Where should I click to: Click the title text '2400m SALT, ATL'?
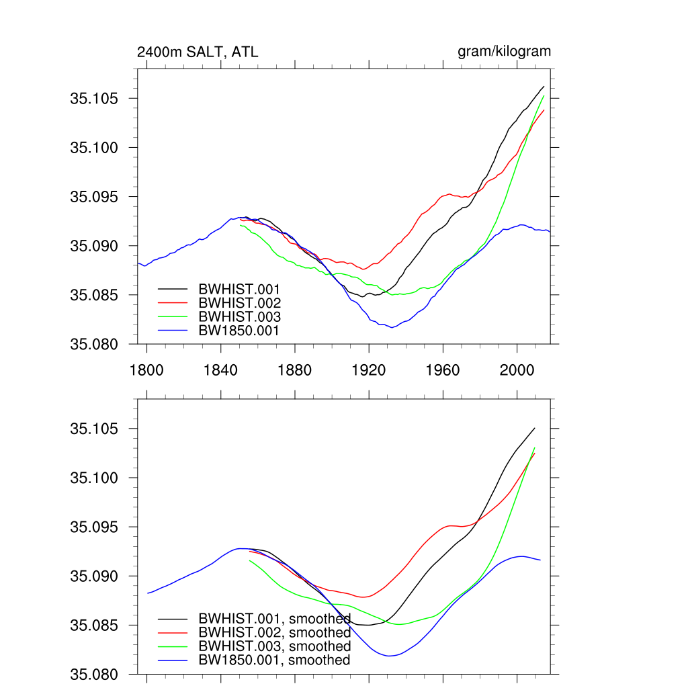(x=198, y=52)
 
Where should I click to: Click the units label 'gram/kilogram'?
(x=504, y=52)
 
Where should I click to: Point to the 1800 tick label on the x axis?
(x=146, y=370)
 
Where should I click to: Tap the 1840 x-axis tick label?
(x=220, y=370)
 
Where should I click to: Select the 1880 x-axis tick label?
(x=294, y=370)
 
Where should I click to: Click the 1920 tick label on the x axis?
(x=369, y=370)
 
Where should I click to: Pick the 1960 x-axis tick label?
(x=443, y=370)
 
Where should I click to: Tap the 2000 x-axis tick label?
(x=517, y=370)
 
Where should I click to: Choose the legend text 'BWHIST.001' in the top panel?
(x=239, y=289)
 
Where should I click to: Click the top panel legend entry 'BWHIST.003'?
(x=239, y=316)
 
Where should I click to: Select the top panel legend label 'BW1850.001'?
(x=239, y=331)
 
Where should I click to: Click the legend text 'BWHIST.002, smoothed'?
(x=274, y=633)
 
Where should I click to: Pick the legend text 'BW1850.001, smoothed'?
(x=274, y=660)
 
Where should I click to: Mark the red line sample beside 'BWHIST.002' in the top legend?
(x=173, y=303)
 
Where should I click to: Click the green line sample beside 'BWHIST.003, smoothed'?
(x=173, y=646)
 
